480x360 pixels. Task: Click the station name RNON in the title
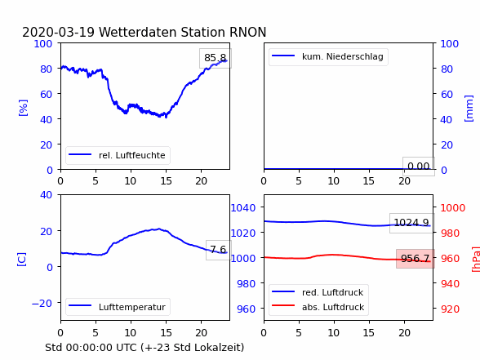[247, 32]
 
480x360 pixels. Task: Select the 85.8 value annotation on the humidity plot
[216, 58]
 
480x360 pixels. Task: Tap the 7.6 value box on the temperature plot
[218, 250]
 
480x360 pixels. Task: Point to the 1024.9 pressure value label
[411, 223]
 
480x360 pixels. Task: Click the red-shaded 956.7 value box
[416, 259]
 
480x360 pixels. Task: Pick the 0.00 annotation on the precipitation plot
[419, 167]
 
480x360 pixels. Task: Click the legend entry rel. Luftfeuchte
[118, 155]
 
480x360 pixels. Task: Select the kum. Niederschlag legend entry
[328, 56]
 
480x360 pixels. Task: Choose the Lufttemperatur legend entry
[118, 307]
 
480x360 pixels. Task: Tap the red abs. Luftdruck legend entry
[318, 307]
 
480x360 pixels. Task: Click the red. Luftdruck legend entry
[318, 292]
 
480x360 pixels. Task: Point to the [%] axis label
[23, 108]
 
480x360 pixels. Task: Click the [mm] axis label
[469, 109]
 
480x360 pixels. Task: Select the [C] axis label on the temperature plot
[22, 260]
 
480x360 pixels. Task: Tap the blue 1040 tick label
[243, 208]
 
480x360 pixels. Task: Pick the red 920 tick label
[450, 309]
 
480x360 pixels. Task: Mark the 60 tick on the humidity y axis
[47, 94]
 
